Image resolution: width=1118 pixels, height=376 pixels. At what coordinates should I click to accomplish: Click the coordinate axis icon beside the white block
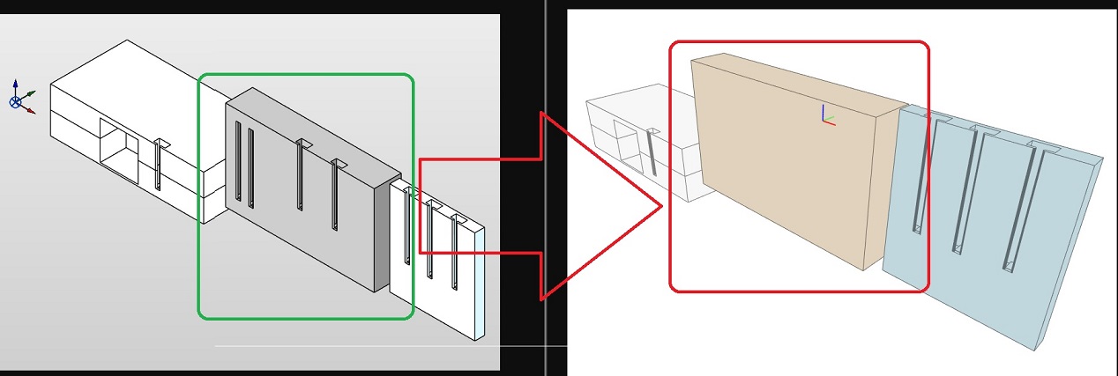[19, 97]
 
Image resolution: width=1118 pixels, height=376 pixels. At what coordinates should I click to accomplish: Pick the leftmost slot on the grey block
[238, 164]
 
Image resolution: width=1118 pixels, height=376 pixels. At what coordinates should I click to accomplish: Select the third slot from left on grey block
[300, 176]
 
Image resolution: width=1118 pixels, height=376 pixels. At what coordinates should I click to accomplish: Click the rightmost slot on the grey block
[334, 195]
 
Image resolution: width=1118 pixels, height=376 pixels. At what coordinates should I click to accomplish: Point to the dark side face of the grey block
[381, 233]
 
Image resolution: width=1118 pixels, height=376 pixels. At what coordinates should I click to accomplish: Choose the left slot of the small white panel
[406, 225]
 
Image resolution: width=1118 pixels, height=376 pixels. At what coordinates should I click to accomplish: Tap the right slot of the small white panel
[454, 251]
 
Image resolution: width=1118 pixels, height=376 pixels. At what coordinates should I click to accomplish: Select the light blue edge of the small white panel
[479, 282]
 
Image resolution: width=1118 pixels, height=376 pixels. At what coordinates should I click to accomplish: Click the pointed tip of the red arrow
[661, 208]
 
